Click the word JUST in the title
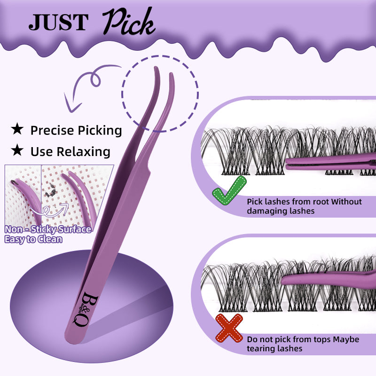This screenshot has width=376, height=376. pyautogui.click(x=58, y=22)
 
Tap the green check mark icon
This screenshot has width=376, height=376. pyautogui.click(x=229, y=192)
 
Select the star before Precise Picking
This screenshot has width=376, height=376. pyautogui.click(x=17, y=129)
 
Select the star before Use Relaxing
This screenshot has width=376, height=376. pyautogui.click(x=17, y=150)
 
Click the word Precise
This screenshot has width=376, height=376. pyautogui.click(x=51, y=130)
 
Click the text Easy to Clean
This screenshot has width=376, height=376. pyautogui.click(x=33, y=239)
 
